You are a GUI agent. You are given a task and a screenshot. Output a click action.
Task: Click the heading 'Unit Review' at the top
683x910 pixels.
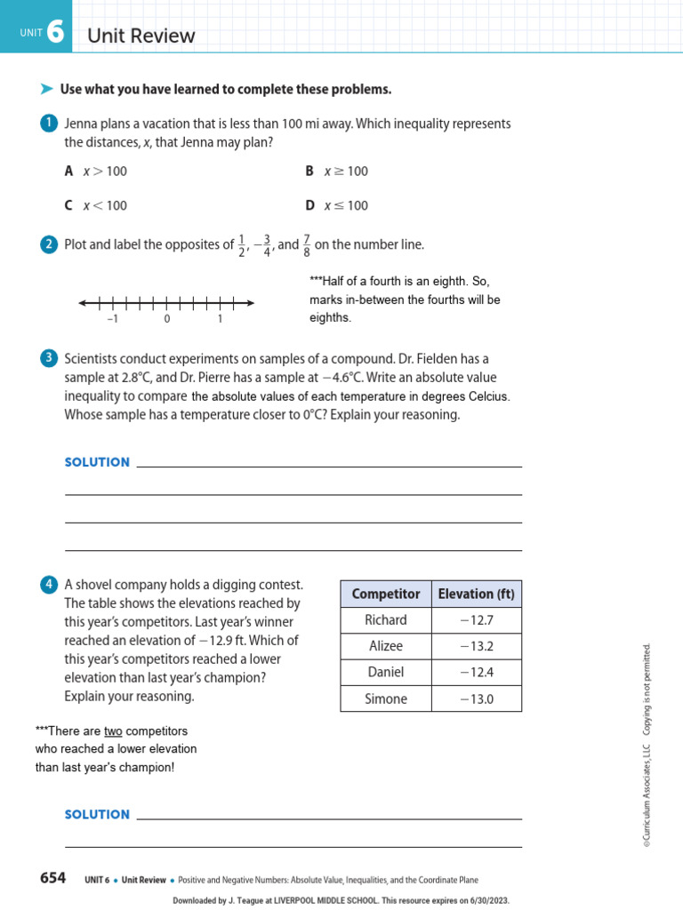tap(141, 36)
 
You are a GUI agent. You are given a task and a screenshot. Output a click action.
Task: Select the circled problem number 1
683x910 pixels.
tap(49, 124)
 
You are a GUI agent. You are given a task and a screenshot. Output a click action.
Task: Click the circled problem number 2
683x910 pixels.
tap(49, 244)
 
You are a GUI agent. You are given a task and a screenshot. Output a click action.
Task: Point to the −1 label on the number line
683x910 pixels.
tap(113, 319)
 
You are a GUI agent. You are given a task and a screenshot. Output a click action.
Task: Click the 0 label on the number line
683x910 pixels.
tap(167, 319)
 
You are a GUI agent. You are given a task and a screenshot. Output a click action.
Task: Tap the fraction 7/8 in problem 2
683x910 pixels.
tap(306, 244)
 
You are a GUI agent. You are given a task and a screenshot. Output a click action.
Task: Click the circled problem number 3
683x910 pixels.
tap(49, 359)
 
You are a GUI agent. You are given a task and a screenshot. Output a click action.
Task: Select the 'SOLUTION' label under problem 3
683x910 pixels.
tap(97, 462)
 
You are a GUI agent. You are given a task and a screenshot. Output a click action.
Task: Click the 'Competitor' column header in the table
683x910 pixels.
tap(386, 594)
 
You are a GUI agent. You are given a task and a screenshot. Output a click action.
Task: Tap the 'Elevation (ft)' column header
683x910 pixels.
tap(476, 594)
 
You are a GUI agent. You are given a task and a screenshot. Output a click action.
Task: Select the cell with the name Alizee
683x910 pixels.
tap(386, 646)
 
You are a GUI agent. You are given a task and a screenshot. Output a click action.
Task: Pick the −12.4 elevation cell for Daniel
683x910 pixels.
tap(476, 672)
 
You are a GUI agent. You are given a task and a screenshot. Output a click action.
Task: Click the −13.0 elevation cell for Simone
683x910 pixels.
tap(476, 698)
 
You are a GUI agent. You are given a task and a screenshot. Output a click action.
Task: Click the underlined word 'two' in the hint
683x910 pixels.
tap(113, 730)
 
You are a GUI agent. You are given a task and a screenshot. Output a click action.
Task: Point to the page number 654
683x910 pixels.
tap(52, 878)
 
